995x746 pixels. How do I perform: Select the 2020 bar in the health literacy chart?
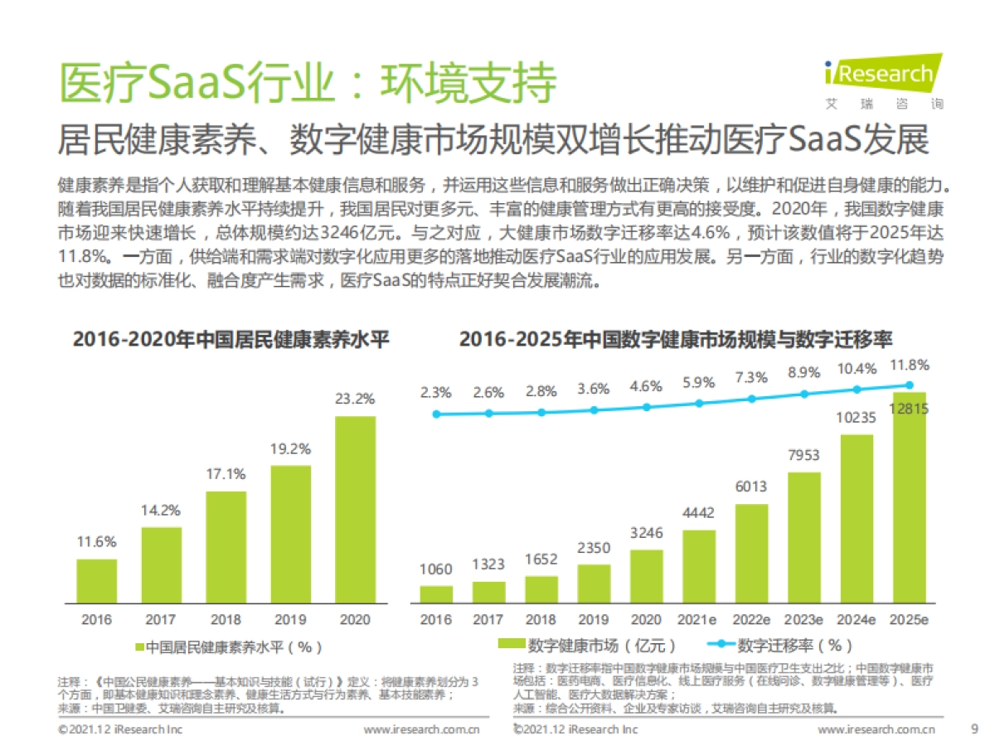pos(355,509)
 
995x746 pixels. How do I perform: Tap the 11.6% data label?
pos(96,542)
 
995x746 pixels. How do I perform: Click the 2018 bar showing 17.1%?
pos(226,547)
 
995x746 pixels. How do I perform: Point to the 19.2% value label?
pos(290,449)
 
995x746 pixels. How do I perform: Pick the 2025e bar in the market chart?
pos(909,497)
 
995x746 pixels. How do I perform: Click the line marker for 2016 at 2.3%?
pos(436,414)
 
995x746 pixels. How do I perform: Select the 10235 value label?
pos(857,418)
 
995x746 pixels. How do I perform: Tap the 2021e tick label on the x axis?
pos(699,619)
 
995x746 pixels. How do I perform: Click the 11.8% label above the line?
pos(909,365)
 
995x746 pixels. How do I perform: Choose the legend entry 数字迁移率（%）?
pos(779,645)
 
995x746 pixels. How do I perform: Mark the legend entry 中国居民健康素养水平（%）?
pos(227,645)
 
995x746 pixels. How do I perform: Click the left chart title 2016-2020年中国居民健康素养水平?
pos(231,340)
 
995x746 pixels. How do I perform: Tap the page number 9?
pos(973,729)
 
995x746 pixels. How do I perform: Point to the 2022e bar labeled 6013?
pos(751,553)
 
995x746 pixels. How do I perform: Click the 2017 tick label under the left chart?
pos(161,619)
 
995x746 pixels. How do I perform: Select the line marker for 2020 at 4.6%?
pos(647,407)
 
